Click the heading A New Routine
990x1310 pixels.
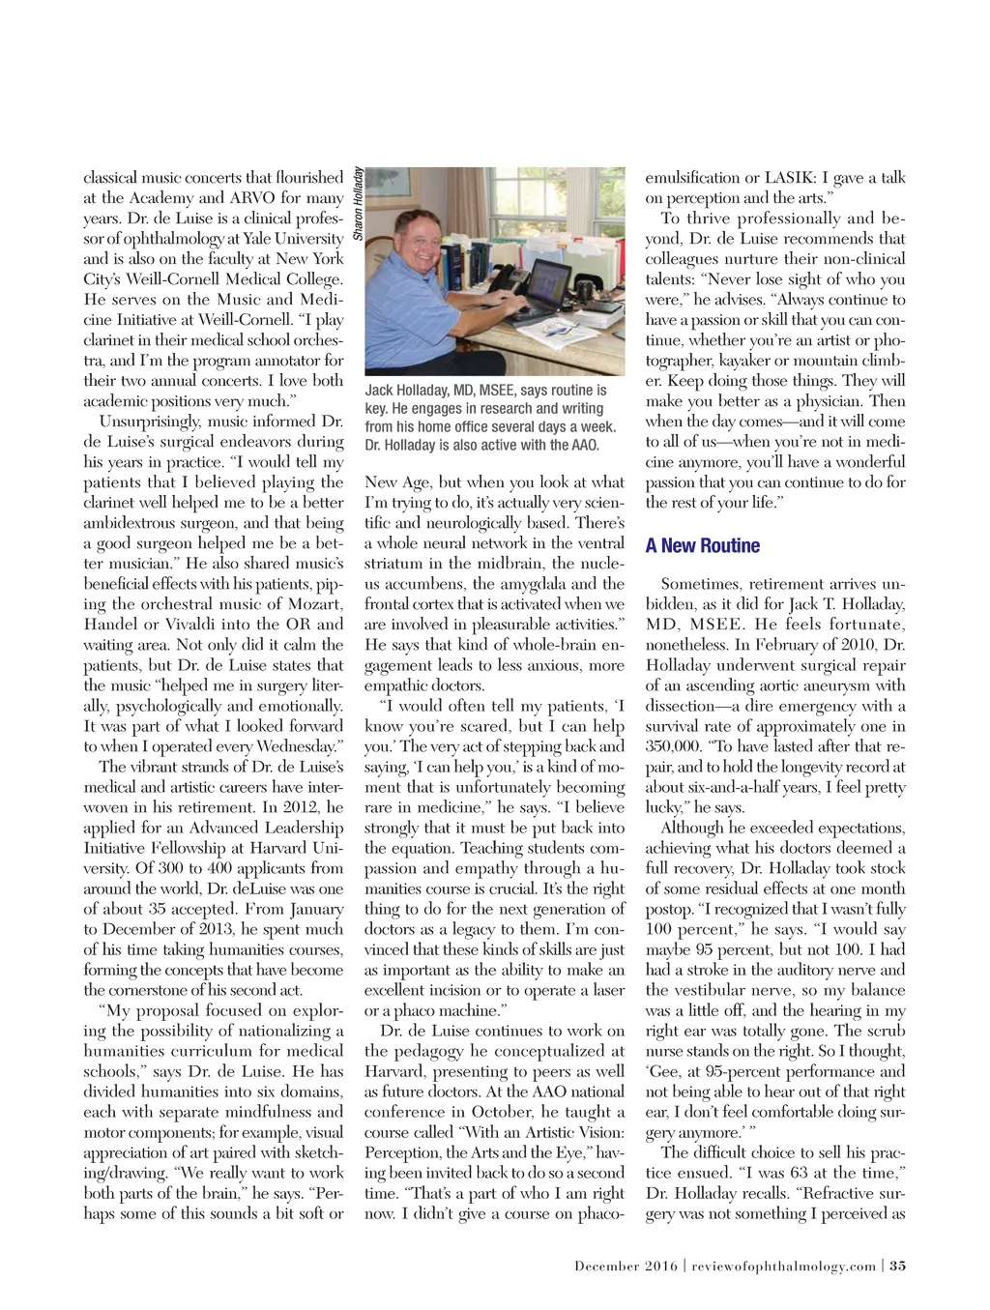(703, 546)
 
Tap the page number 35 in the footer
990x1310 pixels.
(898, 1266)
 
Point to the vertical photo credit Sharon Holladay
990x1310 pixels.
(358, 204)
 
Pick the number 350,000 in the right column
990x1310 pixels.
(674, 746)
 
